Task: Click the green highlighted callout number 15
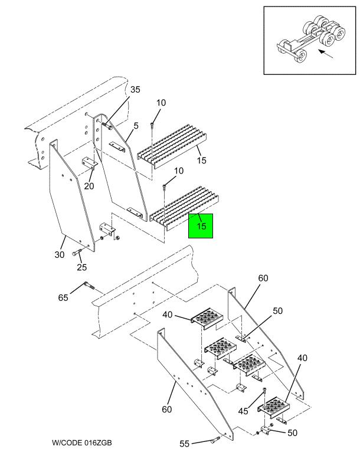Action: (202, 226)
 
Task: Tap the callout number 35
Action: (135, 90)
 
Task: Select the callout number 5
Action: (136, 126)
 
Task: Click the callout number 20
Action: (89, 186)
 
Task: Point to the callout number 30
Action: (60, 254)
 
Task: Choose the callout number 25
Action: (82, 267)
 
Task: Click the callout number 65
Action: (63, 297)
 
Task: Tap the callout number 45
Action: (243, 411)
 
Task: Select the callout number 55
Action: (185, 444)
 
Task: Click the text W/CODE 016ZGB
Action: (81, 443)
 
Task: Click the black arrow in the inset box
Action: (326, 54)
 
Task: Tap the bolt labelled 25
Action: (77, 253)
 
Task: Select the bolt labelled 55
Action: (215, 439)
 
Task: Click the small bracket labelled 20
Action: (90, 162)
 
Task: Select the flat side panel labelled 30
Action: (71, 196)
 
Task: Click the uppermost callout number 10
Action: (161, 103)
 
